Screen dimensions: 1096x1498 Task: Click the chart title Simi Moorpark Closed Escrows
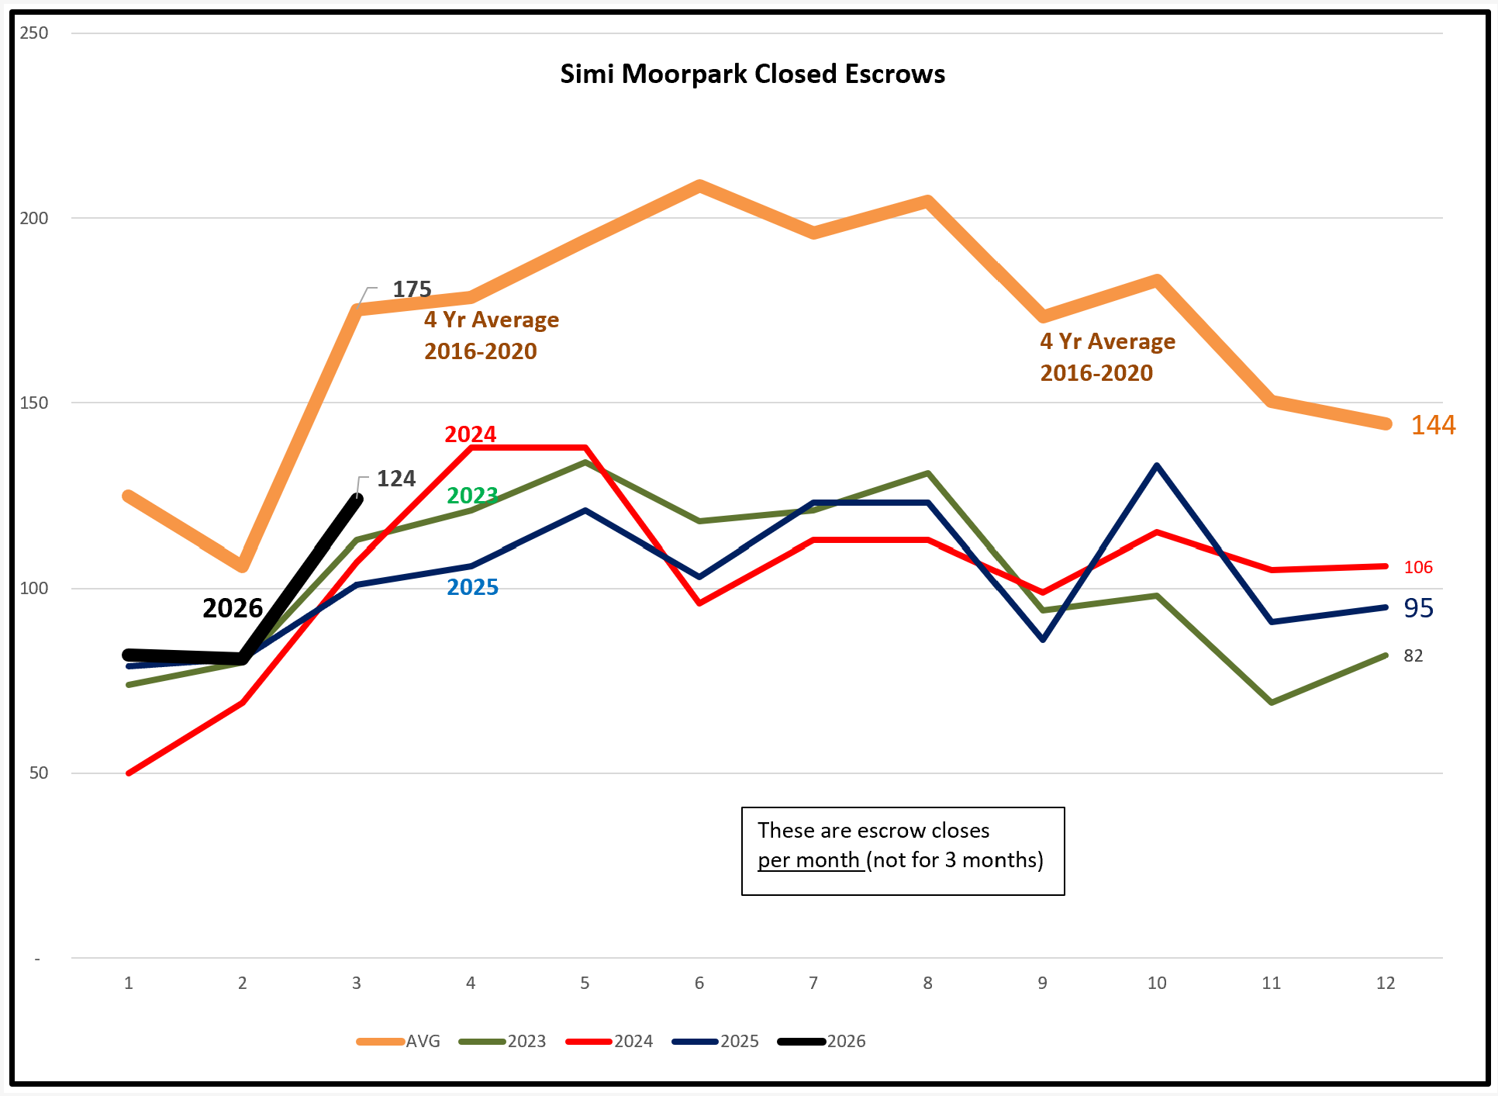click(752, 74)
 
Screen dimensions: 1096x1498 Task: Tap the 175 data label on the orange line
click(412, 289)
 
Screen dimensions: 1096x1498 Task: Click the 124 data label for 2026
click(396, 479)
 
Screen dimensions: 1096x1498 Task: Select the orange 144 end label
click(1433, 425)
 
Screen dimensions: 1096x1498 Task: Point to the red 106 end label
click(1418, 567)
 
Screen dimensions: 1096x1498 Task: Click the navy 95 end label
click(1418, 608)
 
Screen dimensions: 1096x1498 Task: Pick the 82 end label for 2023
click(1413, 656)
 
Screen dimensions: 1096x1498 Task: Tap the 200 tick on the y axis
click(34, 218)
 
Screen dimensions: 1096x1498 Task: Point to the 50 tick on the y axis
click(39, 773)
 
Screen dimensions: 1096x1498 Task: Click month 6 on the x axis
click(699, 983)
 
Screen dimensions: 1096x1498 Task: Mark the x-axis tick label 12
click(1385, 983)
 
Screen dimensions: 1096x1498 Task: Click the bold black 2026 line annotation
click(233, 608)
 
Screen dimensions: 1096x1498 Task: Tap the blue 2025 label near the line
click(472, 587)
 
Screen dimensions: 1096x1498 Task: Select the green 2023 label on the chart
click(472, 495)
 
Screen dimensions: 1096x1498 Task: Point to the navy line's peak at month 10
click(1157, 465)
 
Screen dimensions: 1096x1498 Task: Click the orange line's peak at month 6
click(699, 185)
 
